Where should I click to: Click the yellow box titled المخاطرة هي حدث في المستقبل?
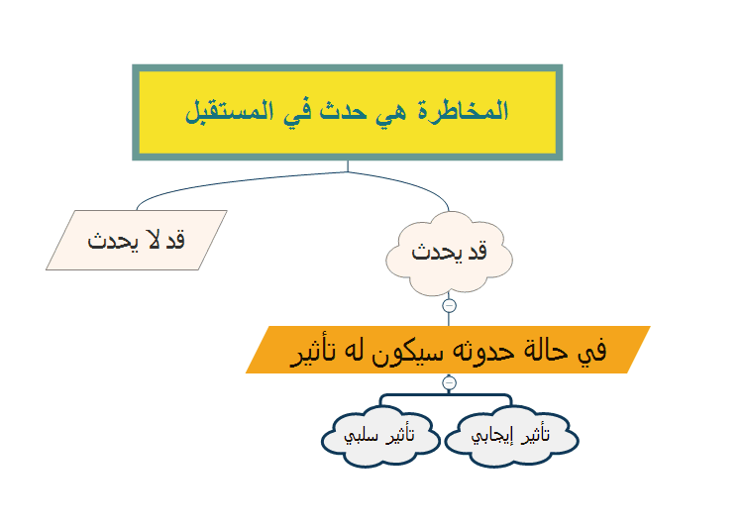(x=348, y=113)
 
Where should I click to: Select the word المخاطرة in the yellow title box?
(x=463, y=111)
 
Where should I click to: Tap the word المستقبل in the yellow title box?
(x=229, y=112)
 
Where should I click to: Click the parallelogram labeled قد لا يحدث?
(x=137, y=240)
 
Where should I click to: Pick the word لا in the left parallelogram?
(x=156, y=240)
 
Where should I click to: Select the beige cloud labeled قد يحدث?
(x=449, y=253)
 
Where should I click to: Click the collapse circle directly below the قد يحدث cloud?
(x=449, y=306)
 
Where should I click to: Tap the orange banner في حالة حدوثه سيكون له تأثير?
(x=448, y=350)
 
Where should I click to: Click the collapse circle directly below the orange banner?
(x=449, y=383)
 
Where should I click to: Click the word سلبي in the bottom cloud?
(x=361, y=436)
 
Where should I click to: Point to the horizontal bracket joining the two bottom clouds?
(x=446, y=395)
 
